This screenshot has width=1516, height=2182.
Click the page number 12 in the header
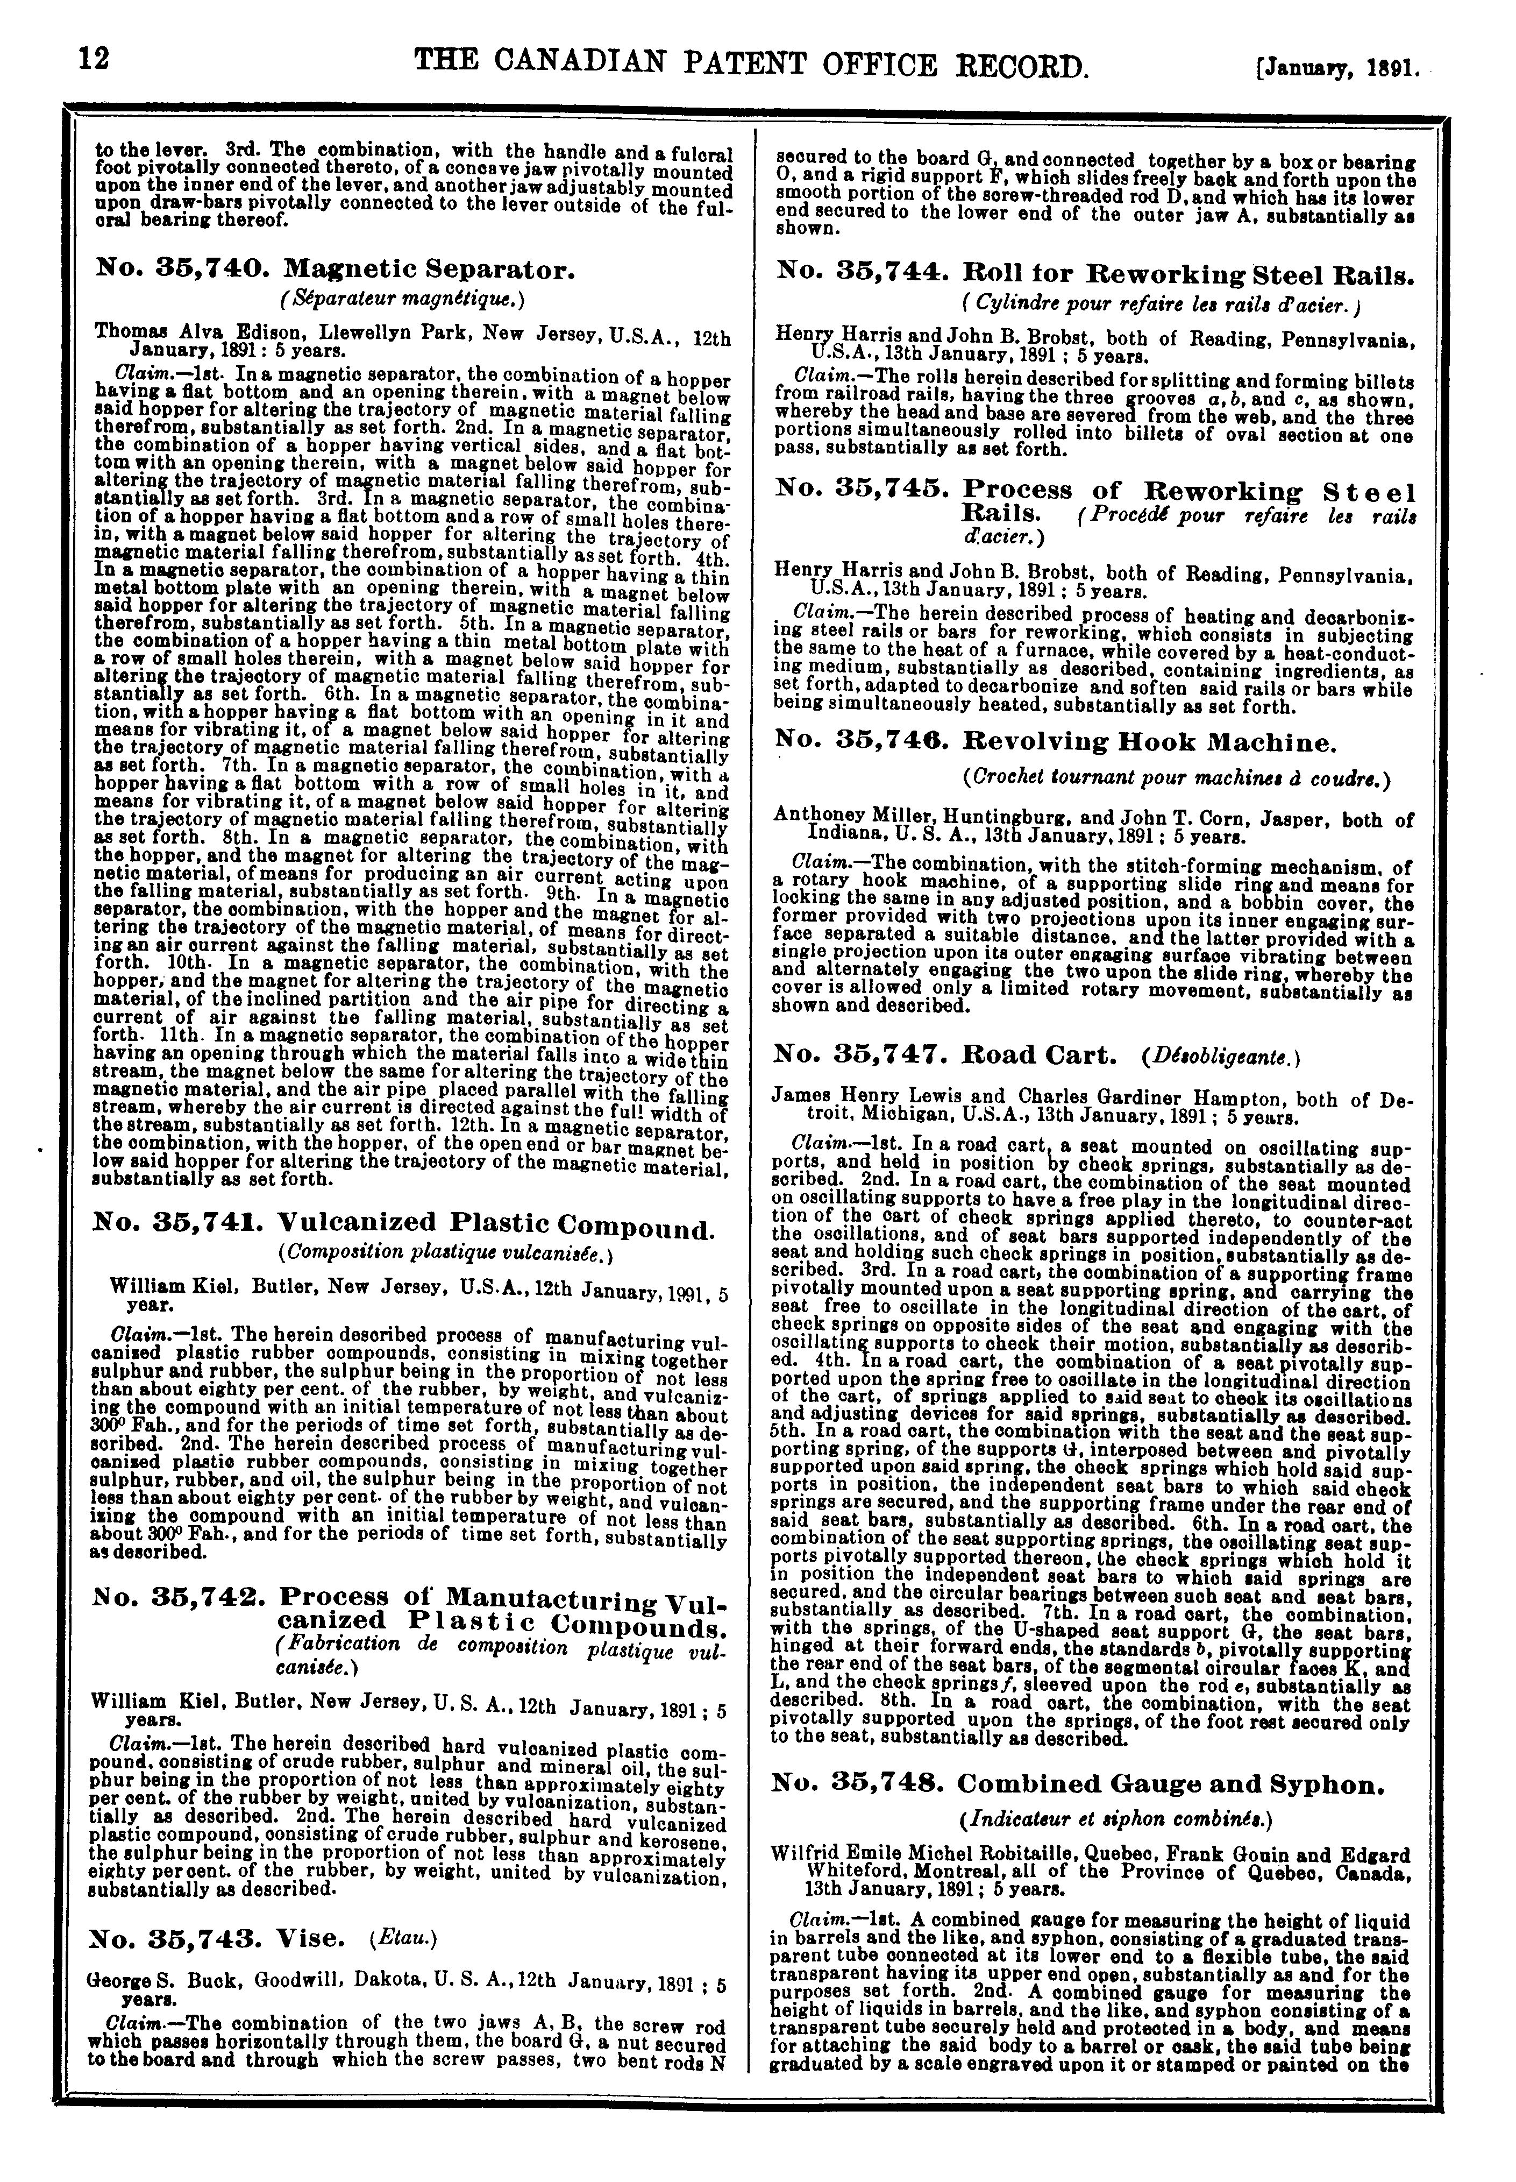(x=96, y=58)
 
